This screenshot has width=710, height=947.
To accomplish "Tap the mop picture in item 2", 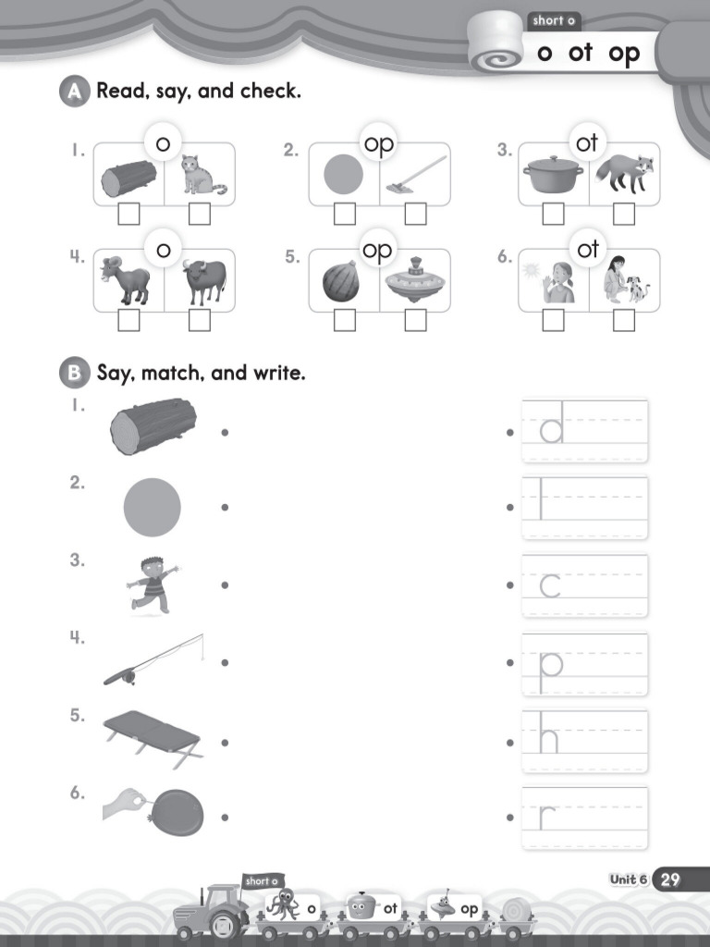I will click(x=414, y=175).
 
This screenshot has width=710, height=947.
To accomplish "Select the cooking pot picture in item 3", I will click(x=553, y=174).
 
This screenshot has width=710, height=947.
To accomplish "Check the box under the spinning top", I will click(x=415, y=320).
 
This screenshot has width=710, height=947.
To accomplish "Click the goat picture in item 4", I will click(x=129, y=280).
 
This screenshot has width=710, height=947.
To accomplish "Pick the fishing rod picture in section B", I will click(x=153, y=660).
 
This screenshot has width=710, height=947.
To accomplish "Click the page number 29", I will click(x=669, y=879).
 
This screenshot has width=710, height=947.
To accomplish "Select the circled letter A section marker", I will click(x=72, y=92).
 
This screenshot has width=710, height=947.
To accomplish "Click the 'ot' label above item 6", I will click(x=588, y=250).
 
